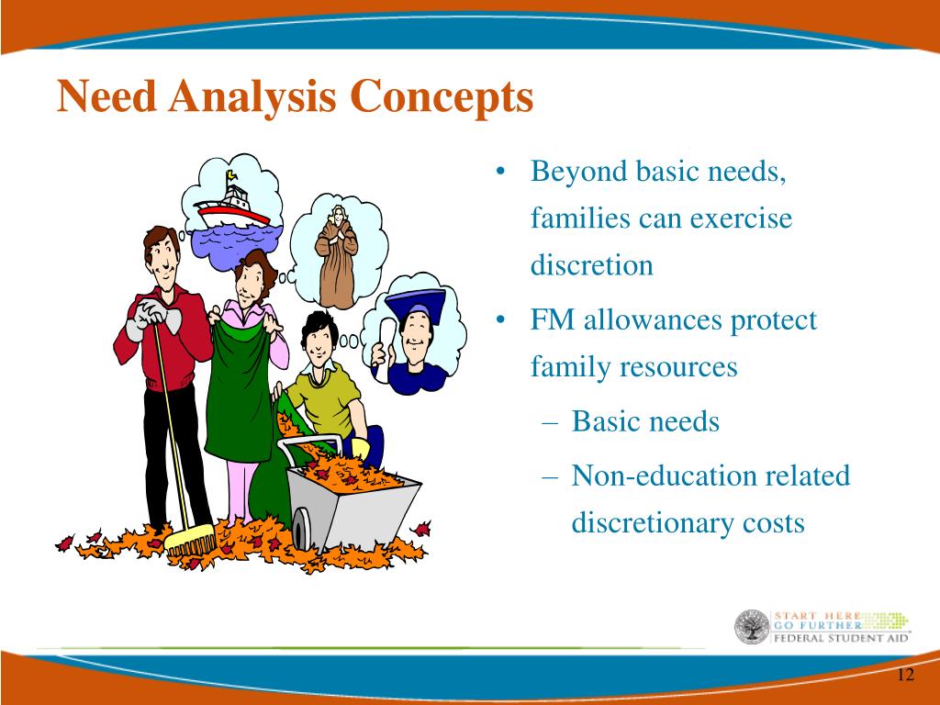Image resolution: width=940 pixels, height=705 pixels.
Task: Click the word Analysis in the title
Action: click(252, 97)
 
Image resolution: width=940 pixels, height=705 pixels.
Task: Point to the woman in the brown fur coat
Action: click(336, 257)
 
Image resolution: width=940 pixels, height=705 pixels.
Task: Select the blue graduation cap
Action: click(416, 305)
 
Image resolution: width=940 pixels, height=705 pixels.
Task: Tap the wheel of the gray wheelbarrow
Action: click(301, 529)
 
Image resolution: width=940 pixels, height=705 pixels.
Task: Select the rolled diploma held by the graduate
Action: click(386, 340)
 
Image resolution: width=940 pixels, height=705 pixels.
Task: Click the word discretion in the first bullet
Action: click(592, 265)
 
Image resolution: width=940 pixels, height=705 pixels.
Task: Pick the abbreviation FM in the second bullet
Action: click(552, 319)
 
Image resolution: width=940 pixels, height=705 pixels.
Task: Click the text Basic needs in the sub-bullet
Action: click(645, 420)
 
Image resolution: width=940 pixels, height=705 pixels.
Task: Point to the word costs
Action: click(773, 523)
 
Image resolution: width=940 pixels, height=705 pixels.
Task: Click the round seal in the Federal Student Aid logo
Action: click(752, 627)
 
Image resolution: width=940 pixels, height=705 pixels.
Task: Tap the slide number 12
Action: click(906, 675)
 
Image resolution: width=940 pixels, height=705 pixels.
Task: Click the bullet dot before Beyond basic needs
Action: click(501, 172)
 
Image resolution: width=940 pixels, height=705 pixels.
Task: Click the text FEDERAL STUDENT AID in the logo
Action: click(841, 638)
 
